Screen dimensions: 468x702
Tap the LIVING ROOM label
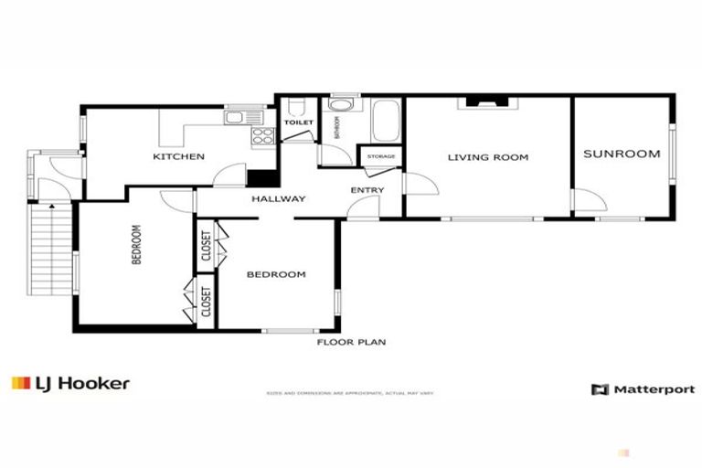[488, 157]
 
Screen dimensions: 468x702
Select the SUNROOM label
[622, 154]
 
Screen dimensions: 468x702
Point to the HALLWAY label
[279, 198]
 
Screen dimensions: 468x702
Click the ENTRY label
[367, 190]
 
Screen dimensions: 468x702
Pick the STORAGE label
[381, 157]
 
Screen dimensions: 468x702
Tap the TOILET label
[298, 122]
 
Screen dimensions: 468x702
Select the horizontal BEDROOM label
[276, 274]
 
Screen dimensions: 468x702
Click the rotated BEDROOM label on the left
[137, 245]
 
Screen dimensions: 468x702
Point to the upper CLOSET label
[206, 246]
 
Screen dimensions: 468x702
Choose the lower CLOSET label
[206, 302]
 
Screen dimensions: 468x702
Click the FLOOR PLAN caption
[351, 343]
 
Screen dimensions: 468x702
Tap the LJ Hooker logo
[70, 384]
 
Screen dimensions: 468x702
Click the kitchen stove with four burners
[262, 137]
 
